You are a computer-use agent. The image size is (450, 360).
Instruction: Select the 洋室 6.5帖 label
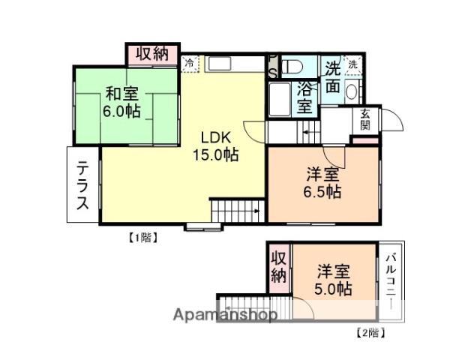click(x=323, y=183)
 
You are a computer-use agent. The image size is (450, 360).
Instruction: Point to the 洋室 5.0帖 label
click(x=333, y=279)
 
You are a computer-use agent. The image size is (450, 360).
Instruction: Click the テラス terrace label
click(x=83, y=184)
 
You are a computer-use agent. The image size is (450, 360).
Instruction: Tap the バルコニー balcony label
click(x=391, y=278)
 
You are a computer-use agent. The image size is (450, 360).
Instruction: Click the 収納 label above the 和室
click(x=152, y=54)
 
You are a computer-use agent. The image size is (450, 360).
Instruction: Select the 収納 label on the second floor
click(x=278, y=266)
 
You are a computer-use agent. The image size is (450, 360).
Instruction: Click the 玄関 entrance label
click(x=365, y=119)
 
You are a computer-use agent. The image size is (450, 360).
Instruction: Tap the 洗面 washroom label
click(x=332, y=77)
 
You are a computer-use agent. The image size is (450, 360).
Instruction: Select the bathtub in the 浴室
click(x=278, y=99)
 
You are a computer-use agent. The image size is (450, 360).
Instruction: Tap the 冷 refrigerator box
click(x=190, y=63)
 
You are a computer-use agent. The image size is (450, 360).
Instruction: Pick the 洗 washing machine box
click(x=352, y=63)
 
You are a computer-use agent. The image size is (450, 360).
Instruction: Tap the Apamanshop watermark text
click(x=225, y=315)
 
